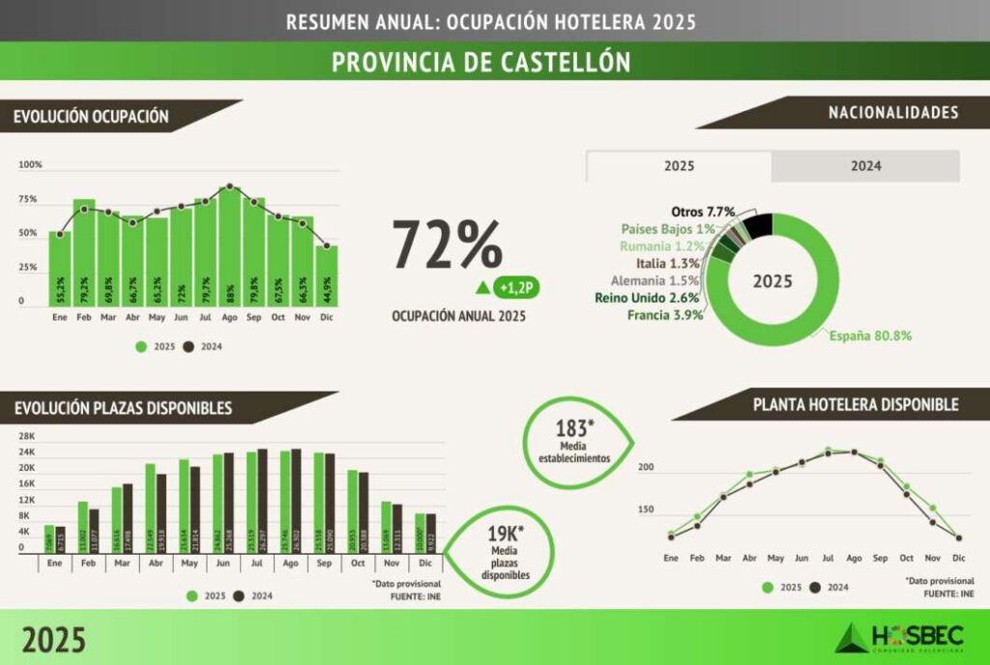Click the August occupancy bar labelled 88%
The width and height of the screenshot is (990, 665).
pyautogui.click(x=229, y=247)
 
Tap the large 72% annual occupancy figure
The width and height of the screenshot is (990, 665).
pyautogui.click(x=447, y=245)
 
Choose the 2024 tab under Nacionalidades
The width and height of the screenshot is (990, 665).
pyautogui.click(x=865, y=166)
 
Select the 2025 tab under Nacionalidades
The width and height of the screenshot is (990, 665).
pyautogui.click(x=679, y=166)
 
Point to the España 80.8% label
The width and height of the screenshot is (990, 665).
pyautogui.click(x=870, y=336)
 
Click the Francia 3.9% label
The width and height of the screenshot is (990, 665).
pyautogui.click(x=664, y=315)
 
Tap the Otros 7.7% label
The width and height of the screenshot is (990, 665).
pyautogui.click(x=703, y=212)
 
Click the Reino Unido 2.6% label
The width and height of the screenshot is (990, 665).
pyautogui.click(x=649, y=298)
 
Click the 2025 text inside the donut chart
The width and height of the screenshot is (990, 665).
pyautogui.click(x=773, y=281)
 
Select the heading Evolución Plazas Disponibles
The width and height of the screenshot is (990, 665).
pyautogui.click(x=123, y=408)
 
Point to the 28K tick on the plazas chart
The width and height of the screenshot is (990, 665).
pyautogui.click(x=26, y=436)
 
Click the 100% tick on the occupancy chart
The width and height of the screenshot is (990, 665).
pyautogui.click(x=30, y=165)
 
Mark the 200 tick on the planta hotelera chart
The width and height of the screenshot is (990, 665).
pyautogui.click(x=646, y=468)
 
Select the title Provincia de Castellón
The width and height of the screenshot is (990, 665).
pyautogui.click(x=480, y=62)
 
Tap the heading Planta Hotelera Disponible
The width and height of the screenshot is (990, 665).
pyautogui.click(x=856, y=404)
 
